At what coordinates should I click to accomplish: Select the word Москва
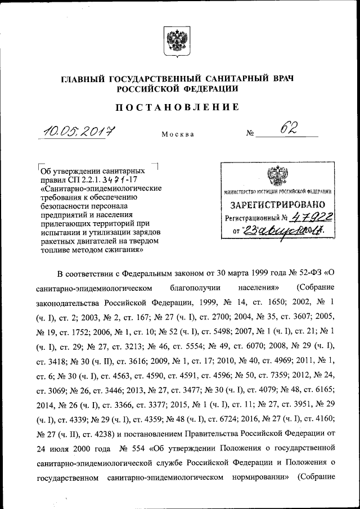click(x=178, y=135)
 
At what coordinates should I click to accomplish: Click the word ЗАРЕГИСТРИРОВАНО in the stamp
click(x=274, y=206)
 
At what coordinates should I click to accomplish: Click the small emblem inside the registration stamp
click(x=274, y=177)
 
